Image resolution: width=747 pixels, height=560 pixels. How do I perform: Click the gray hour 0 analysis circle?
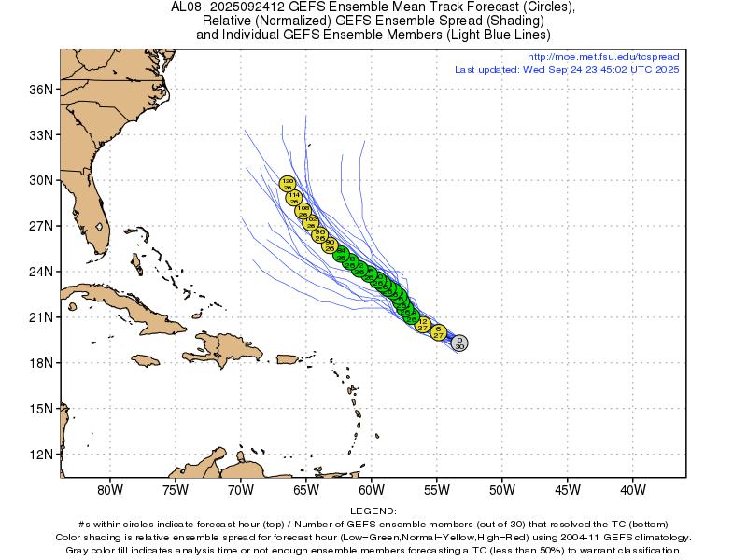459,343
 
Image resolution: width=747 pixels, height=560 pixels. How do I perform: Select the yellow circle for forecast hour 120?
288,184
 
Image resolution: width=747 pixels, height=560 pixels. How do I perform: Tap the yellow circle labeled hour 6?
438,332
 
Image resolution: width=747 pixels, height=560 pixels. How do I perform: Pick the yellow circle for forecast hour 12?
422,324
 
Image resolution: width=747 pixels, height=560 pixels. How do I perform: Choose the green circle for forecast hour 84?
341,253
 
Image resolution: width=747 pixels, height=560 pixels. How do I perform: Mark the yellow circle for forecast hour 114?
294,198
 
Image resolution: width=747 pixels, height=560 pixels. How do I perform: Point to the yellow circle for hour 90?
330,245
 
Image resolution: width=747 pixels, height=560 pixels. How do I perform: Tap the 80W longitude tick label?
110,489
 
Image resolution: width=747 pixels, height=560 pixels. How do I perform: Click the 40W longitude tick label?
633,489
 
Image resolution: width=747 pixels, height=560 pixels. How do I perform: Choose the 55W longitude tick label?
437,489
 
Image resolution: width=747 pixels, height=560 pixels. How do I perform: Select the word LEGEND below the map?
373,511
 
